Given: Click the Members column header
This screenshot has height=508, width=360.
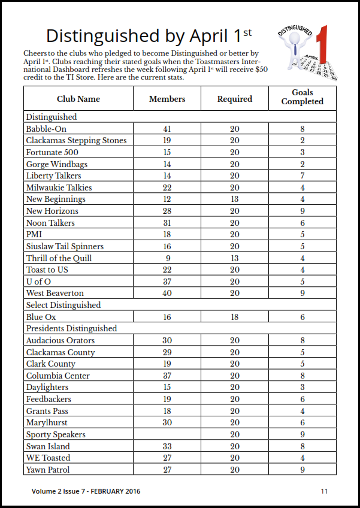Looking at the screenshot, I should click(x=167, y=99).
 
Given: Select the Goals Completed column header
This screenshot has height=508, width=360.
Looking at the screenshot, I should click(x=302, y=98).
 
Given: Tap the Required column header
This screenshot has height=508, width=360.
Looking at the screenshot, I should click(x=235, y=99).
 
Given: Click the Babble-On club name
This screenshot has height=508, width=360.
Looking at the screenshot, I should click(x=46, y=129).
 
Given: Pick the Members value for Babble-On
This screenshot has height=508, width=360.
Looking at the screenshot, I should click(x=167, y=129).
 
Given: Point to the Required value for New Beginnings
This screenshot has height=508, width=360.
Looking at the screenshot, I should click(x=235, y=199).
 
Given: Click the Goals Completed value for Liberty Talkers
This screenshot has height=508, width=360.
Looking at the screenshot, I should click(x=302, y=176).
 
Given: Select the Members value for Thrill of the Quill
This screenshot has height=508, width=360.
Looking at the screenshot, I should click(x=167, y=258).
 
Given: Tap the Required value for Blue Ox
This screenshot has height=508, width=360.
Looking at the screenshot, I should click(x=235, y=317).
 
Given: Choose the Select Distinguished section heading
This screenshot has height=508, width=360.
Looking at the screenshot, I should click(x=63, y=306).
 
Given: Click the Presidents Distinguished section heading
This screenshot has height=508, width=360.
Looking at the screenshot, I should click(x=71, y=329).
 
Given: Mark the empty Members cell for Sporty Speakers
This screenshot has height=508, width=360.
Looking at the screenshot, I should click(x=167, y=435).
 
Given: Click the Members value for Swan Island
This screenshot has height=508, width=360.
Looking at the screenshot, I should click(x=167, y=446).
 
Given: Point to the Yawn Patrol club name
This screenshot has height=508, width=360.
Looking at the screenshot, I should click(x=48, y=470).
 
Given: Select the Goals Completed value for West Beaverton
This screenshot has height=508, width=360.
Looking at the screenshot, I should click(x=302, y=294).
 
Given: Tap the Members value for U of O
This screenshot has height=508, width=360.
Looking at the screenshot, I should click(x=167, y=282).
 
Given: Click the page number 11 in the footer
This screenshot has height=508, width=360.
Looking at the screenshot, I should click(x=324, y=491).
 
